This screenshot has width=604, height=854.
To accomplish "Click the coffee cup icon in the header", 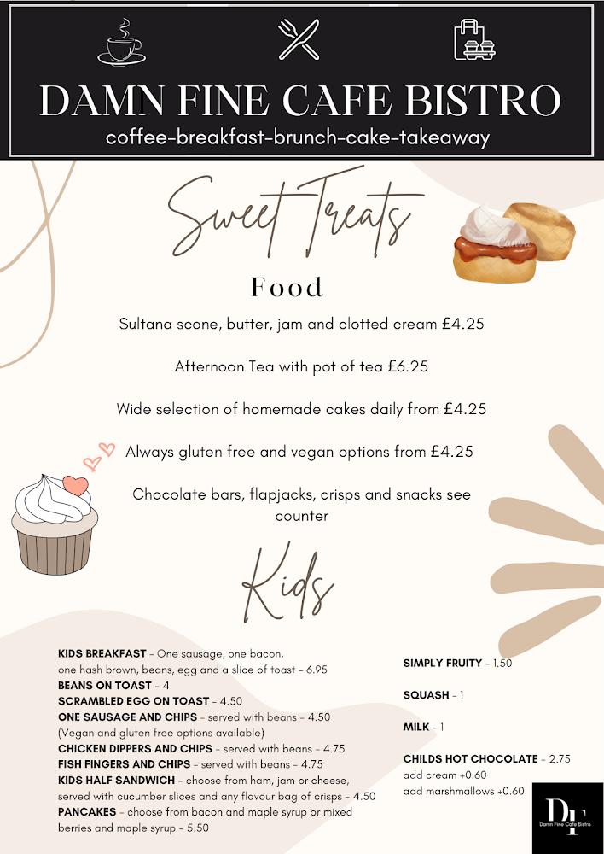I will tap(121, 41).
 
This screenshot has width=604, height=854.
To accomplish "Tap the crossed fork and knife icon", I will tap(299, 39).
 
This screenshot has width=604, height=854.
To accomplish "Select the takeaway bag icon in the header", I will tap(474, 39).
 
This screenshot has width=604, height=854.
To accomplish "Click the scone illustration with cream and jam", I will tap(512, 242).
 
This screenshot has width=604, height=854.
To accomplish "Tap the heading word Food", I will tap(287, 287).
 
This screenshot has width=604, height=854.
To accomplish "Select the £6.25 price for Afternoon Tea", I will tap(407, 366).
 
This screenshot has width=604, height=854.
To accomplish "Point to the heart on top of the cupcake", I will tap(76, 485).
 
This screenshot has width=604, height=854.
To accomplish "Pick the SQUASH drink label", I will tap(426, 695).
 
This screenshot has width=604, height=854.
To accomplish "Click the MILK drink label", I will tap(415, 727).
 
